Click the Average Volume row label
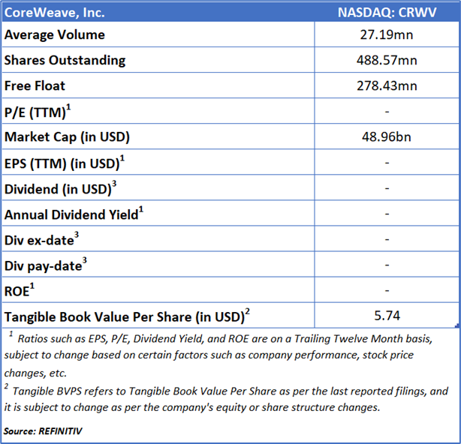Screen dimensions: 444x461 point(55,34)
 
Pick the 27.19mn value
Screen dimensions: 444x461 point(387,34)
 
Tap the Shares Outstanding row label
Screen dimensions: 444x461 point(65,60)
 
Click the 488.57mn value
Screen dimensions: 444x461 point(387,60)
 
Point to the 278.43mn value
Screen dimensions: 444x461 point(387,85)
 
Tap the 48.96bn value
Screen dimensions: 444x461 point(387,137)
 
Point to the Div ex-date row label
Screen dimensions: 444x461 point(42,240)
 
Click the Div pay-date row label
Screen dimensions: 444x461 point(44,265)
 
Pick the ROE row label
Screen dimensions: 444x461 point(21,291)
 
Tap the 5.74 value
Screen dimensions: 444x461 point(387,316)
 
